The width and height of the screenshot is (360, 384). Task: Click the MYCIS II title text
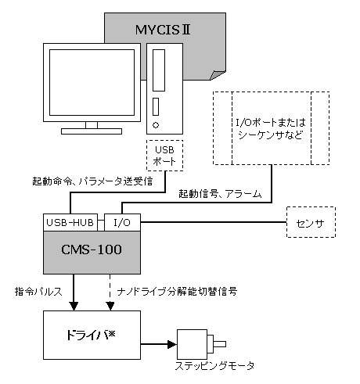(x=163, y=30)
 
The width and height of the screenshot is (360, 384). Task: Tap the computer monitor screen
(x=92, y=82)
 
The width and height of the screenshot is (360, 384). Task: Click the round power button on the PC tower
(x=156, y=125)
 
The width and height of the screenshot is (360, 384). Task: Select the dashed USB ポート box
(x=164, y=156)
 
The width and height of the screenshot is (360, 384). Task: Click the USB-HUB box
(x=70, y=222)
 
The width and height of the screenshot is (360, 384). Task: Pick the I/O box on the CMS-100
(x=122, y=222)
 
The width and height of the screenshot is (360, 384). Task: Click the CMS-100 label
(x=92, y=249)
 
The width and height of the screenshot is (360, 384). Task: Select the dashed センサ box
(x=311, y=222)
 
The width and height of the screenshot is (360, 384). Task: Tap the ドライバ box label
(x=91, y=335)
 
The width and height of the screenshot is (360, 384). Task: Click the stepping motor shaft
(x=219, y=344)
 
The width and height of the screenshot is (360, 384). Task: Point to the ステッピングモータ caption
(x=214, y=366)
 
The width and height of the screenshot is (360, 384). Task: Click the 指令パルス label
(x=38, y=291)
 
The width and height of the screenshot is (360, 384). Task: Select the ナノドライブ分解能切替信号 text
(x=177, y=291)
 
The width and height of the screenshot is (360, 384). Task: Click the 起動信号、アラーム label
(x=220, y=194)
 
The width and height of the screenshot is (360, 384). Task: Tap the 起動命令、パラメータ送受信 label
(x=92, y=181)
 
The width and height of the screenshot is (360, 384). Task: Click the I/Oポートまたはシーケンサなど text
(x=271, y=129)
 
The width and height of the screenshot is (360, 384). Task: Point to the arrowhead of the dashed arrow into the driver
(x=110, y=307)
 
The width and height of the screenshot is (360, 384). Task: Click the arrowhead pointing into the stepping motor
(x=172, y=344)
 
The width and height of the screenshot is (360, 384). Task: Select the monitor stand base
(x=92, y=131)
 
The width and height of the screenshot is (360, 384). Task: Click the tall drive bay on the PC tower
(x=159, y=70)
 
